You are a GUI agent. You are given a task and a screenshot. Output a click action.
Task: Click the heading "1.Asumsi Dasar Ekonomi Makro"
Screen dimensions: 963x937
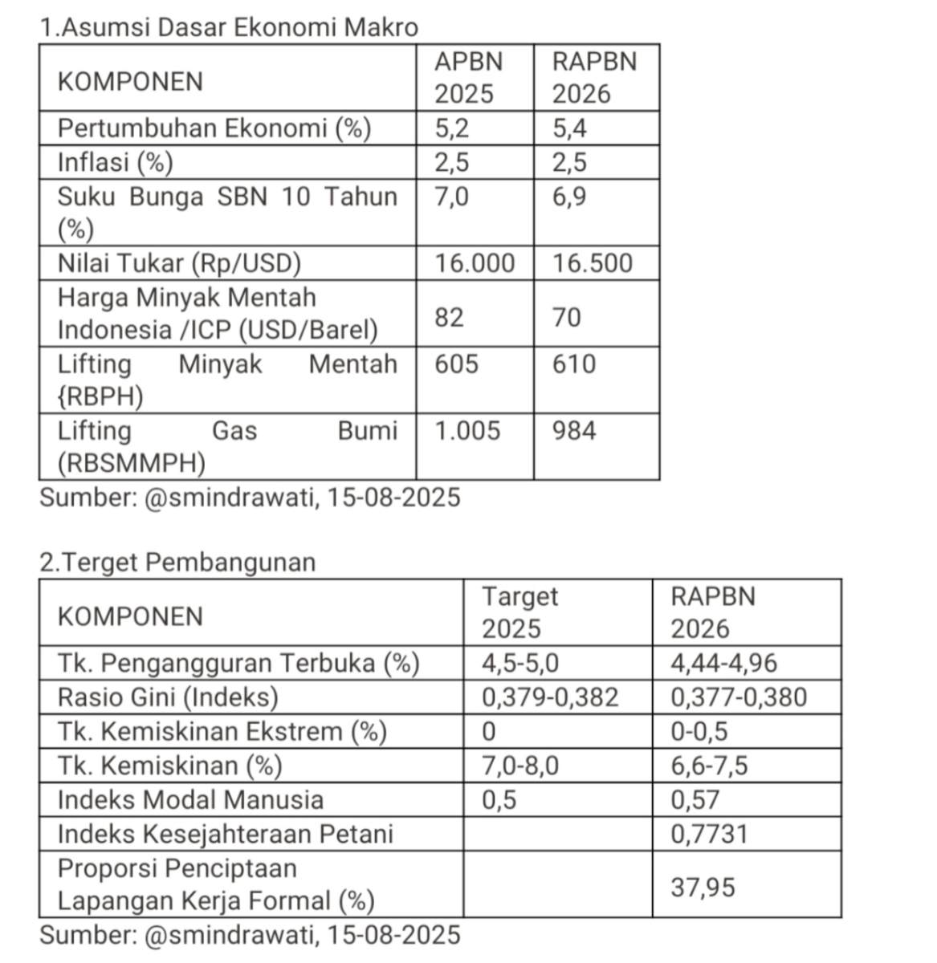229,27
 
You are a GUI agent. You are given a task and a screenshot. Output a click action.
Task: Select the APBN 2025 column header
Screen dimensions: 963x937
468,78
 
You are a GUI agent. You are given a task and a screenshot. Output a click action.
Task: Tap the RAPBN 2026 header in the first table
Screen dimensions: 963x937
593,78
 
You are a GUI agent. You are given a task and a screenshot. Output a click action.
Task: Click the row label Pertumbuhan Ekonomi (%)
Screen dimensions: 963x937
214,128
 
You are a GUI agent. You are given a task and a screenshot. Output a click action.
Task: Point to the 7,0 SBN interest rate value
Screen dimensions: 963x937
451,197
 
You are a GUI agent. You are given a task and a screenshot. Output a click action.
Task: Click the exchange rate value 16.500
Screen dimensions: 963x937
592,263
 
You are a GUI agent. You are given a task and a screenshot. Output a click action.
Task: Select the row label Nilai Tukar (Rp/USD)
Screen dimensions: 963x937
179,263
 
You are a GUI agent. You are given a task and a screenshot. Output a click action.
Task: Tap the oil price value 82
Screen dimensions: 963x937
449,318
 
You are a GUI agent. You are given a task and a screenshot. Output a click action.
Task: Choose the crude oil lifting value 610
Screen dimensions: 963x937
573,364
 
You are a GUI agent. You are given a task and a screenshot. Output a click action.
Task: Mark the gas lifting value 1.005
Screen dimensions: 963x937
467,431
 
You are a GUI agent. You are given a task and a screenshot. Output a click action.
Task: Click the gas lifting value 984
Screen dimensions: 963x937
573,431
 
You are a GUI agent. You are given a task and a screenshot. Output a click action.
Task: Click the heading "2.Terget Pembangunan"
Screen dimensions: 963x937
177,563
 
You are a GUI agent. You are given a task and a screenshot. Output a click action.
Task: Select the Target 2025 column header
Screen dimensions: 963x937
519,612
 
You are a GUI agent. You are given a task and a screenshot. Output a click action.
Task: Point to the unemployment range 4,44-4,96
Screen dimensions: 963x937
723,663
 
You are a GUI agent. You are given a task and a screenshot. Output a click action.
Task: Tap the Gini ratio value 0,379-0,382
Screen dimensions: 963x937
550,697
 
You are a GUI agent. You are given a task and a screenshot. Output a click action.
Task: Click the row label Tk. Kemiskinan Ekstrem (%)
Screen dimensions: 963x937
222,732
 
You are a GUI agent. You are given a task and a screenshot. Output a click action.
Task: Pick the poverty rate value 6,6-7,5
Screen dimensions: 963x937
709,766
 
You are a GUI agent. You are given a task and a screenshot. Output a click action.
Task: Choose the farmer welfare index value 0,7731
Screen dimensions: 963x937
709,834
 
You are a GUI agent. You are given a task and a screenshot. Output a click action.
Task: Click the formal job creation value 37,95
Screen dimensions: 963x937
703,888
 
